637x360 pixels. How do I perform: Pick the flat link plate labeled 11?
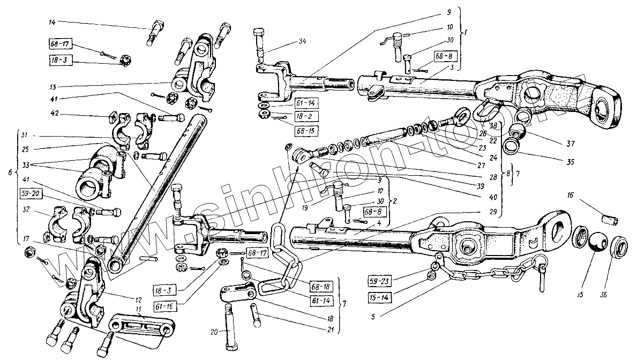tap(141, 328)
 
